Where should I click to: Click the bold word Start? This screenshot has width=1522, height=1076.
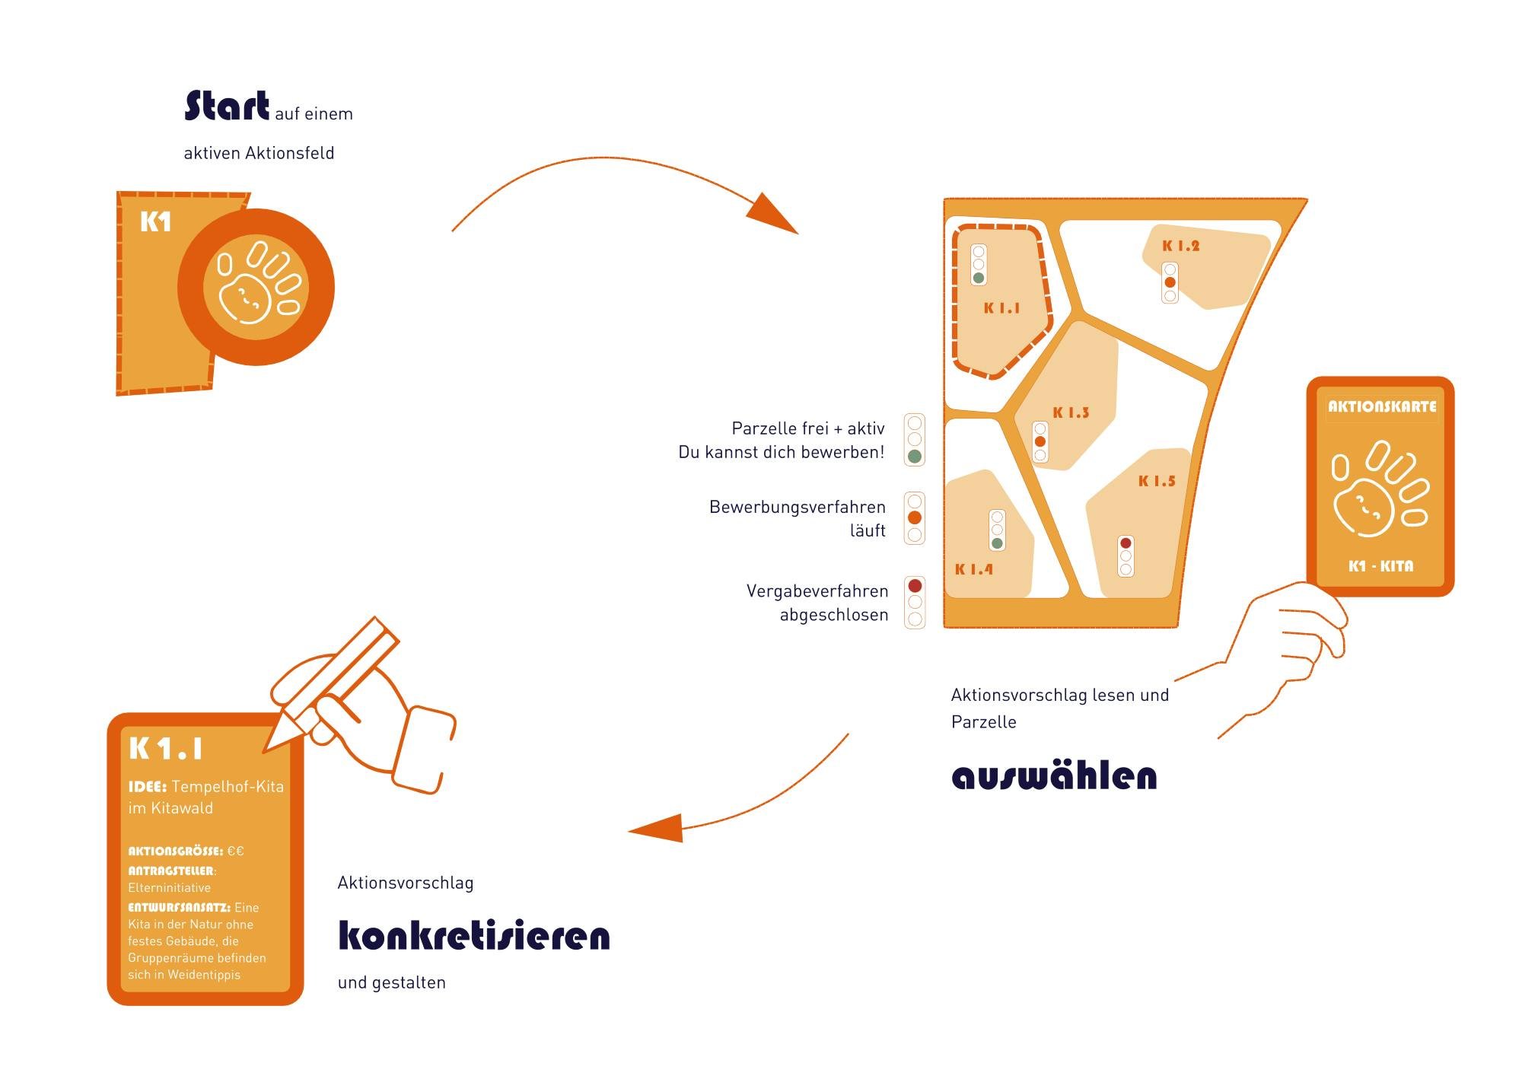pos(227,107)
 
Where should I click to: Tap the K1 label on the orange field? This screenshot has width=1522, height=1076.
pos(156,222)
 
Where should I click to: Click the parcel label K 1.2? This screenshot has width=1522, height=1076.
pos(1180,246)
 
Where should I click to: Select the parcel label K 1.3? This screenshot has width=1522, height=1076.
pos(1071,412)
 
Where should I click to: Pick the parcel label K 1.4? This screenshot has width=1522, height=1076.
pos(974,569)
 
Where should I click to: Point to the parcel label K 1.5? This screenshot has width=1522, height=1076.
pos(1157,481)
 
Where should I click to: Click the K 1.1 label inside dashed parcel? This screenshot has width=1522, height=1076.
pos(1001,308)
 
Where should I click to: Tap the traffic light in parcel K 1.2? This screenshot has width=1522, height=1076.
pos(1170,282)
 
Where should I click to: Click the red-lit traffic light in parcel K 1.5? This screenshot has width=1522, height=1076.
pos(1126,556)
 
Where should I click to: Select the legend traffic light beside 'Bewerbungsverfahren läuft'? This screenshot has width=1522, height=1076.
pos(915,518)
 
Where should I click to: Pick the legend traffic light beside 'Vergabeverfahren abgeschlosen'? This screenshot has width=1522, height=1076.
pos(915,602)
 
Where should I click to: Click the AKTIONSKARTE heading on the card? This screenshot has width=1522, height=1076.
pos(1382,406)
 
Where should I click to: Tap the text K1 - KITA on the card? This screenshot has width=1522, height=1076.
pos(1380,566)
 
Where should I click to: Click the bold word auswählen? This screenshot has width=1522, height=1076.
pos(1054,776)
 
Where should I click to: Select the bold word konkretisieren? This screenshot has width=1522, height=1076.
pos(473,936)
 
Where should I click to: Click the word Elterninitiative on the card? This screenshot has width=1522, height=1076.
pos(170,888)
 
